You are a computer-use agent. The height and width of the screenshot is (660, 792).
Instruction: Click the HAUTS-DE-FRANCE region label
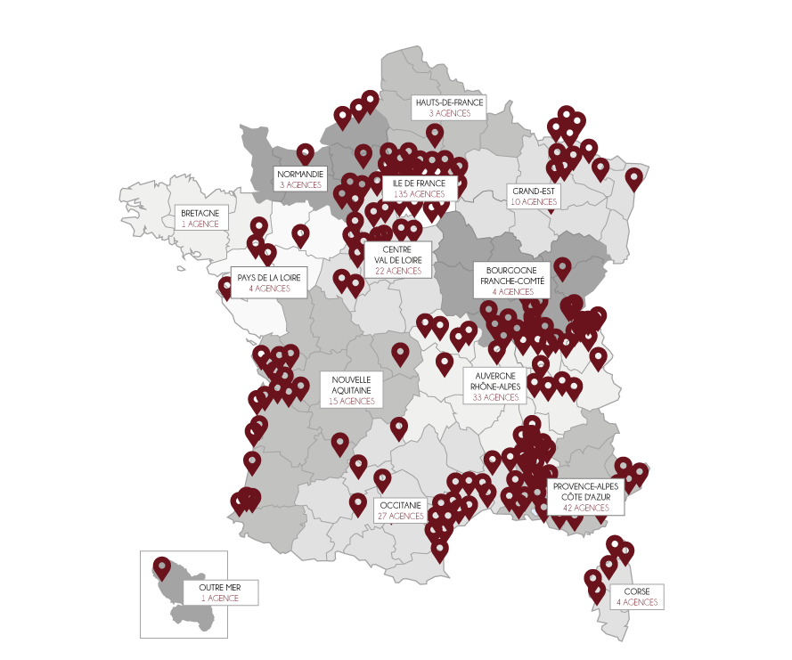pos(449,102)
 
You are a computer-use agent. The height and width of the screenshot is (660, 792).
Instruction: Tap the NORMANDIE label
pos(299,174)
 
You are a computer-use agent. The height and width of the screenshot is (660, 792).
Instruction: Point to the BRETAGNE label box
pos(200,214)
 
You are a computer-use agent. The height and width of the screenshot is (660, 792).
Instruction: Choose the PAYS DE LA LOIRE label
pos(269,278)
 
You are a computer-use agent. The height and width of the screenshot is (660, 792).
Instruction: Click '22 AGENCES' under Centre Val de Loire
pos(397,271)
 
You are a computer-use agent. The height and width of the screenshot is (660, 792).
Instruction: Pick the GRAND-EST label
pos(534,191)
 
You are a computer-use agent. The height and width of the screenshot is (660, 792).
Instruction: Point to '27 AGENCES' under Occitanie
pos(401,516)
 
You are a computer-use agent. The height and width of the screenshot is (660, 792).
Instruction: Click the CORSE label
pos(636,591)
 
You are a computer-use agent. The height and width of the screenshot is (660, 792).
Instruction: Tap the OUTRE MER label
pos(219,588)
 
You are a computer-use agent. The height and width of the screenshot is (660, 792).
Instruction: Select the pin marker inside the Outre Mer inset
pos(161,566)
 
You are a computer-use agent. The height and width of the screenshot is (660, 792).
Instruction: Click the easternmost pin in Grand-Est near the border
pos(633,178)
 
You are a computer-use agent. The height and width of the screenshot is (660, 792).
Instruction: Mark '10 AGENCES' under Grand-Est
pos(534,202)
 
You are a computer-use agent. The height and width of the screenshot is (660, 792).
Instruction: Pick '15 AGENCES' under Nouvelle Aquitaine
pos(351,402)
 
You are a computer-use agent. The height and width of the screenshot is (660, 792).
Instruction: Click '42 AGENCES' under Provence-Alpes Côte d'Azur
pos(585,508)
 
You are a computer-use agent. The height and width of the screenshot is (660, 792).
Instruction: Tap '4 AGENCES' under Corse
pos(636,603)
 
